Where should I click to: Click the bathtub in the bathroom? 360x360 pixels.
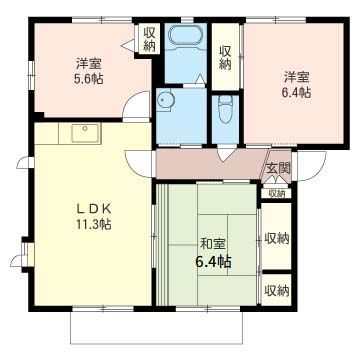click(x=185, y=36)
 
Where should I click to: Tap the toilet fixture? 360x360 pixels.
click(x=226, y=109)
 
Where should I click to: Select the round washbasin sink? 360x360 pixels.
click(x=165, y=101)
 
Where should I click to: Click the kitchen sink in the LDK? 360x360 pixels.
click(x=86, y=133)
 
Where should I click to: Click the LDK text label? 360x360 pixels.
click(x=93, y=209)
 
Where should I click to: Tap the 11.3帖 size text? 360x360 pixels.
click(x=93, y=224)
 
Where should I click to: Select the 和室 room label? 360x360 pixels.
click(x=213, y=245)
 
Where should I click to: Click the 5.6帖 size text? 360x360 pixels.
click(x=89, y=79)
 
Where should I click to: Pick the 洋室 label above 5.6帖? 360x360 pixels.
click(x=89, y=63)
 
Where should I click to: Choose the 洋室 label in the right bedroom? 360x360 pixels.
click(x=297, y=77)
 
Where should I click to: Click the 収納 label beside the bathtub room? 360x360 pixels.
click(x=225, y=57)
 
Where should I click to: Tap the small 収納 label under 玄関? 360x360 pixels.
click(x=277, y=193)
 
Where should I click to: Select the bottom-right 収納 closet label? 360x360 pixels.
click(x=277, y=291)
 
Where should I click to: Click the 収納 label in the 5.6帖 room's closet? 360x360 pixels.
click(x=149, y=39)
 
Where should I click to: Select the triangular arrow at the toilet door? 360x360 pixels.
click(x=226, y=153)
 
